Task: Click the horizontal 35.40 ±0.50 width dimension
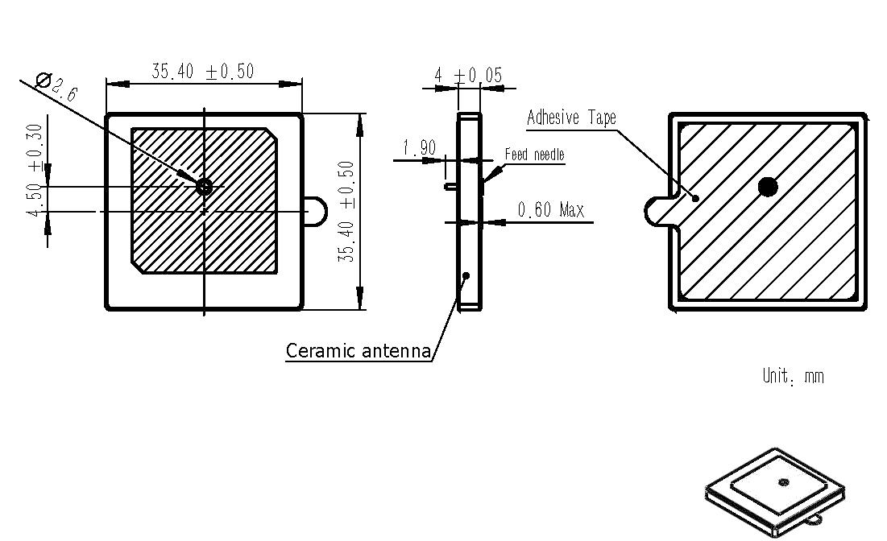pyautogui.click(x=202, y=72)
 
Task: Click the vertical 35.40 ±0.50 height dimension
pyautogui.click(x=346, y=211)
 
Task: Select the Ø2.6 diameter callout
pyautogui.click(x=56, y=85)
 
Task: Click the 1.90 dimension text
pyautogui.click(x=419, y=148)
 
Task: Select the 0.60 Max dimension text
pyautogui.click(x=550, y=210)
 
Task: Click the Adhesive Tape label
pyautogui.click(x=571, y=118)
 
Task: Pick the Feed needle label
pyautogui.click(x=534, y=155)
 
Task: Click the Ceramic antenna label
pyautogui.click(x=359, y=351)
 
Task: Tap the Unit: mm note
pyautogui.click(x=793, y=376)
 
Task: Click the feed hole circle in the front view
pyautogui.click(x=204, y=187)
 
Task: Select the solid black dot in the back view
pyautogui.click(x=768, y=188)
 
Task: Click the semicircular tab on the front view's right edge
pyautogui.click(x=316, y=211)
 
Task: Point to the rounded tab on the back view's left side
pyautogui.click(x=657, y=211)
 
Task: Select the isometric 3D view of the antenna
pyautogui.click(x=774, y=492)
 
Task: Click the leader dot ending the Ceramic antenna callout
pyautogui.click(x=466, y=275)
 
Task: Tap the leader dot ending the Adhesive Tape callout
pyautogui.click(x=695, y=197)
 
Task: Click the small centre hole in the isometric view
pyautogui.click(x=783, y=482)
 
